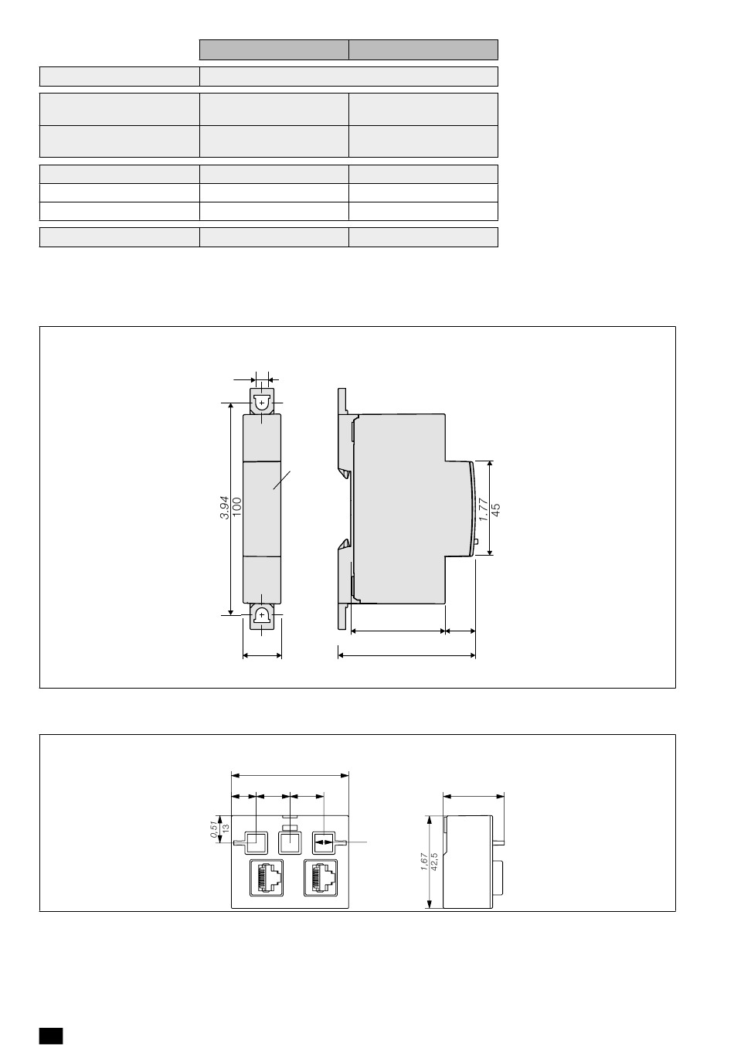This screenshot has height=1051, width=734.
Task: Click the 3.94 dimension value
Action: (224, 507)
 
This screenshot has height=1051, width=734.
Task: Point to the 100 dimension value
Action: (237, 507)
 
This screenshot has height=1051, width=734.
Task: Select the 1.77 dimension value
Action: (484, 509)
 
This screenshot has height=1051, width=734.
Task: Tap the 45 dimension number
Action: (496, 509)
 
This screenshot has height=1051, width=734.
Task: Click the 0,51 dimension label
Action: (214, 829)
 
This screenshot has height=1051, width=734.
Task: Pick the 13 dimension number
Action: (226, 828)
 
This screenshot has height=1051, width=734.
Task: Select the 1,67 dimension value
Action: (424, 862)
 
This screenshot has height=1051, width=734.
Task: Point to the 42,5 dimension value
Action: (434, 862)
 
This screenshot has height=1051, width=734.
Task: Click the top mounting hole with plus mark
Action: (261, 403)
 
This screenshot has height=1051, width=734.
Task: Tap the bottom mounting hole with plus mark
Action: (261, 614)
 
